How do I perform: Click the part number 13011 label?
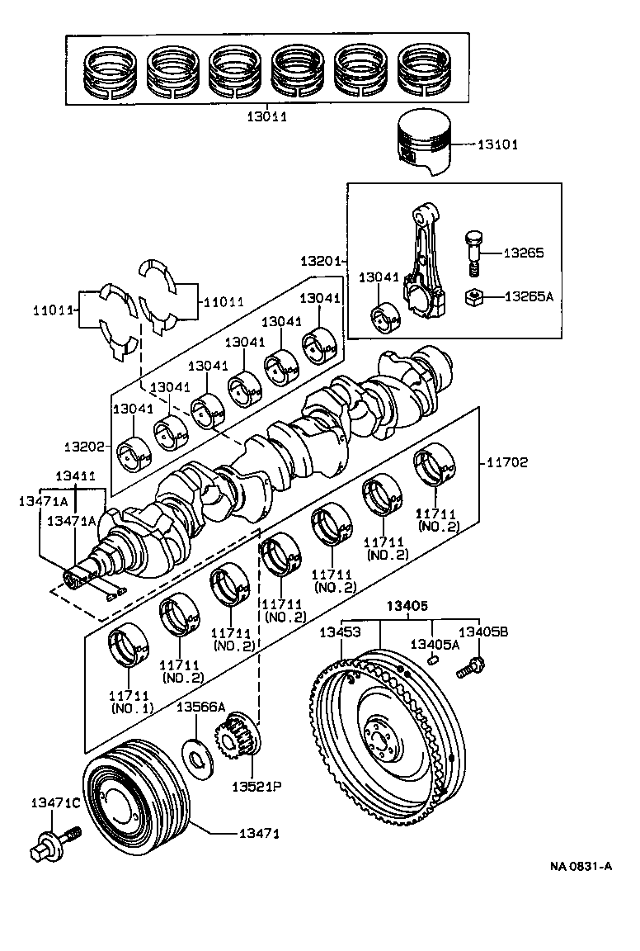point(266,117)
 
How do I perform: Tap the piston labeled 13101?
point(426,142)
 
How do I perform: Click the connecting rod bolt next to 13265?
point(473,251)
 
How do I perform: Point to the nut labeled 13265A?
point(476,296)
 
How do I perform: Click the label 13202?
point(85,446)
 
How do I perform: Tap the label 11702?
point(507,462)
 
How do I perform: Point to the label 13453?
point(340,632)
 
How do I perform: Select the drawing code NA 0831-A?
point(581,866)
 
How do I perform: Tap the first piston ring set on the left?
point(106,69)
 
